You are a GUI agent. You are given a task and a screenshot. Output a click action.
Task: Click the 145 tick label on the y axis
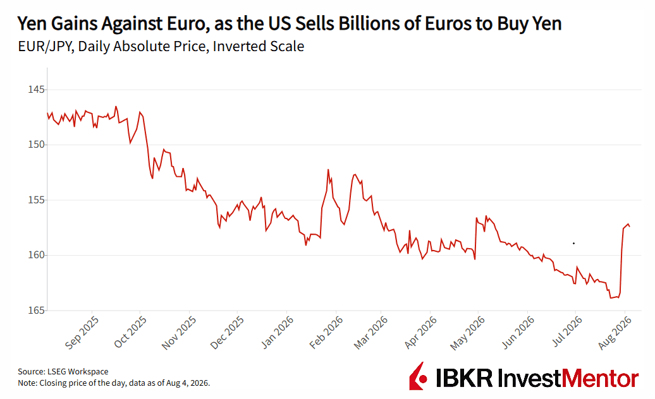click(x=35, y=90)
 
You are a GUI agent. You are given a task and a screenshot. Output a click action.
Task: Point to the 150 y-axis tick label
click(x=35, y=145)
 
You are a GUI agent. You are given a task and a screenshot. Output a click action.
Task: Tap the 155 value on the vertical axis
click(x=35, y=200)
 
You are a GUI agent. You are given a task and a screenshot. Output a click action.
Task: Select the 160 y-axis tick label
click(x=35, y=255)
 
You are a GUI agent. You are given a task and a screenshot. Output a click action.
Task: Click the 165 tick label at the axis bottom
click(x=35, y=311)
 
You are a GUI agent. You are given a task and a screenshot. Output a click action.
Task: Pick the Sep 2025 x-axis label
click(x=82, y=332)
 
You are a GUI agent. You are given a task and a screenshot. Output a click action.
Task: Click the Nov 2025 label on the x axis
click(x=179, y=333)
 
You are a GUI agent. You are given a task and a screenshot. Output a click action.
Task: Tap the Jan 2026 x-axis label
click(x=278, y=332)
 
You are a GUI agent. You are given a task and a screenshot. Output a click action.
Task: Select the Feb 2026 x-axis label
click(x=326, y=332)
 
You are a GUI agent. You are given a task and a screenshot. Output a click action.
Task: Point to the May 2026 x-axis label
click(x=467, y=333)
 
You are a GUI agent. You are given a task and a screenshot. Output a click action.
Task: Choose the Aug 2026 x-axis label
click(x=615, y=333)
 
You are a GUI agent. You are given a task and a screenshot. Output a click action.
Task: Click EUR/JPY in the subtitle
click(x=46, y=46)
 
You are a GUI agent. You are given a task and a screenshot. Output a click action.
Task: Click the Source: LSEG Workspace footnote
click(x=63, y=371)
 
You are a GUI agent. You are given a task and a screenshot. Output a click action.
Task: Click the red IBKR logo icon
click(x=419, y=376)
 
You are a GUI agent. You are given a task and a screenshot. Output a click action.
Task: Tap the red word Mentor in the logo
click(x=600, y=379)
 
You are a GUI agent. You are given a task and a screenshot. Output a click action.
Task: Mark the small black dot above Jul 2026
click(x=573, y=243)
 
